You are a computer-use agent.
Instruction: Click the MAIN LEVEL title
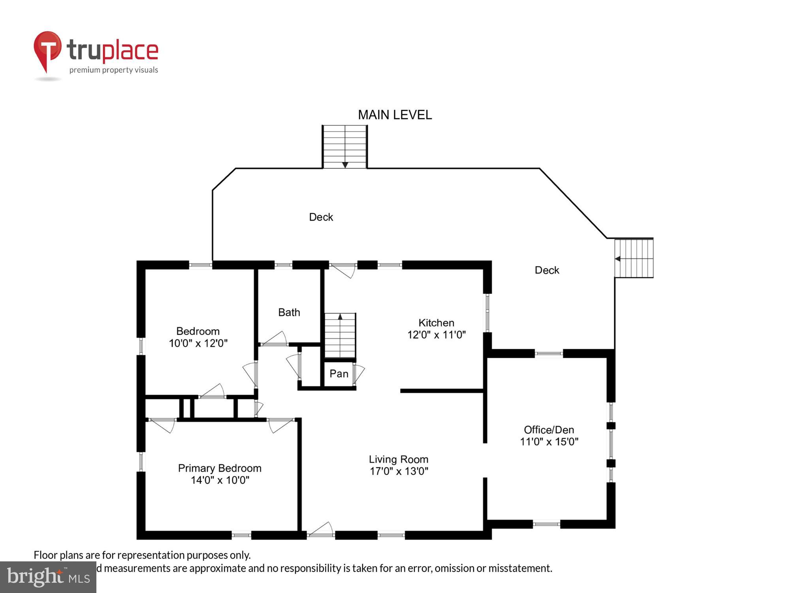[x=395, y=115]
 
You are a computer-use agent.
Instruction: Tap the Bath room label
[x=289, y=312]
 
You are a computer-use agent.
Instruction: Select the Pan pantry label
[x=339, y=374]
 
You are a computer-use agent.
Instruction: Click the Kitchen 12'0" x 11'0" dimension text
[x=436, y=335]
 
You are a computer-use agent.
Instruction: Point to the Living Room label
[x=398, y=459]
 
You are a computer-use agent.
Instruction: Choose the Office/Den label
[x=549, y=430]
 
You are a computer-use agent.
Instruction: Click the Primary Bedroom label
[x=220, y=468]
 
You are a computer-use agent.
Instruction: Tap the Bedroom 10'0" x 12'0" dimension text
[x=198, y=343]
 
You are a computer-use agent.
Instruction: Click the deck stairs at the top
[x=345, y=147]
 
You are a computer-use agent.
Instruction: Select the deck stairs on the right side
[x=634, y=258]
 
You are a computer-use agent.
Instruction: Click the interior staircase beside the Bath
[x=340, y=336]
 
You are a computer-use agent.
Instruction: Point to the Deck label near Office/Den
[x=547, y=270]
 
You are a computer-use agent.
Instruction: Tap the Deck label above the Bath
[x=321, y=217]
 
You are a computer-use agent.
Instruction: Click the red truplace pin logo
[x=47, y=49]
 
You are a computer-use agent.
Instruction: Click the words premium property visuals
[x=114, y=70]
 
